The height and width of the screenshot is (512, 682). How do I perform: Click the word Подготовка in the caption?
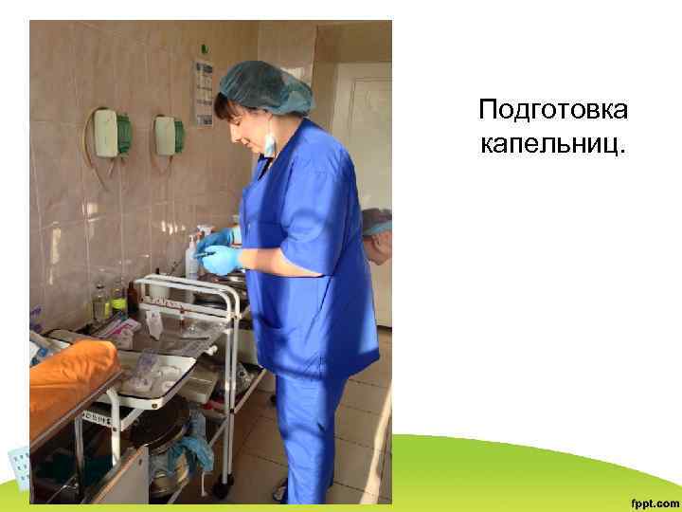pos(553,111)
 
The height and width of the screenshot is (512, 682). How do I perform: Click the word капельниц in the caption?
pos(553,145)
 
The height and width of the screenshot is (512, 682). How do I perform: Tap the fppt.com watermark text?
pos(655,502)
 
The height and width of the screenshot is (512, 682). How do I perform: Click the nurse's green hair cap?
pos(268,84)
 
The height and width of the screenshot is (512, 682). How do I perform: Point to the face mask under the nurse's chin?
pos(269,143)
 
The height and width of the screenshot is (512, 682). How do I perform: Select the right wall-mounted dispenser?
pos(169,135)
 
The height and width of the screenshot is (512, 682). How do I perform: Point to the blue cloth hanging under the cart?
pos(193,447)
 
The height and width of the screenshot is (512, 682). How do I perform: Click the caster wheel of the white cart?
pos(221,489)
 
